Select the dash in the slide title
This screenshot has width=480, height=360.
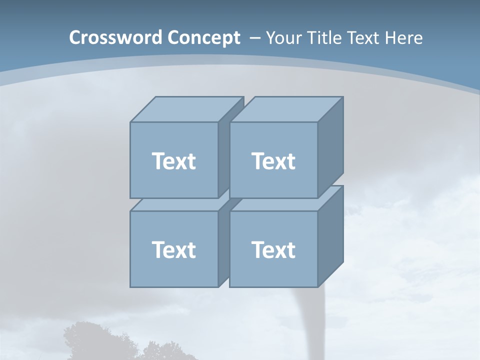click(254, 38)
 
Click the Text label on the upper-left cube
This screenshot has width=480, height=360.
click(173, 161)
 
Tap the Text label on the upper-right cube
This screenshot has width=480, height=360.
click(273, 161)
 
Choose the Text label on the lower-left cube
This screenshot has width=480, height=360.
click(173, 249)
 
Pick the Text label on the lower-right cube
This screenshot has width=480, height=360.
click(273, 249)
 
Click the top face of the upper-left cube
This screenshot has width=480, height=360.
click(186, 109)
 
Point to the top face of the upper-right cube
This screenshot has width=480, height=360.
click(286, 109)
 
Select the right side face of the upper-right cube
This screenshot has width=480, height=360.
click(330, 147)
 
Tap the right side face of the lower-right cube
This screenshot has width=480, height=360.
click(330, 236)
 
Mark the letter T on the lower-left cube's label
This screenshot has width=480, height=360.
click(158, 249)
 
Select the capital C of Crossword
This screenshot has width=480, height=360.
click(75, 38)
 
